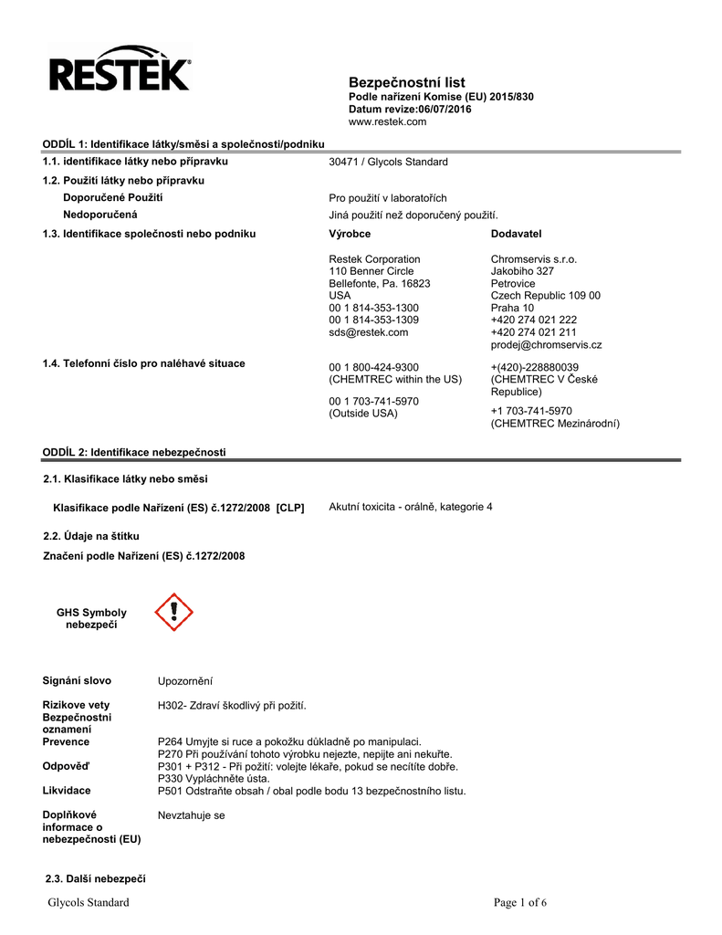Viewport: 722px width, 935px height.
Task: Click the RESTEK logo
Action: pyautogui.click(x=119, y=69)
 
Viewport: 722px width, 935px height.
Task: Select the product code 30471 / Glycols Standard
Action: pyautogui.click(x=388, y=162)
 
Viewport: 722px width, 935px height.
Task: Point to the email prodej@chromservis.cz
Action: pyautogui.click(x=546, y=345)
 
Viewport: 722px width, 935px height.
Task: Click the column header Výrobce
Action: pyautogui.click(x=350, y=235)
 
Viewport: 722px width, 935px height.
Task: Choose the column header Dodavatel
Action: pyautogui.click(x=516, y=235)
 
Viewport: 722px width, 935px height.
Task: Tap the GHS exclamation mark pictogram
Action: pyautogui.click(x=173, y=613)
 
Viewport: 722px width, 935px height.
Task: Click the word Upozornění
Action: pyautogui.click(x=185, y=681)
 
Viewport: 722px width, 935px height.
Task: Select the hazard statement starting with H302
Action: pyautogui.click(x=233, y=706)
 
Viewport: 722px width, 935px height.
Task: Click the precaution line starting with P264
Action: pyautogui.click(x=290, y=742)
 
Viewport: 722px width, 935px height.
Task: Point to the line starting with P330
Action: pyautogui.click(x=214, y=779)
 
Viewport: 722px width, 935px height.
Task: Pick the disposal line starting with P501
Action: pyautogui.click(x=312, y=792)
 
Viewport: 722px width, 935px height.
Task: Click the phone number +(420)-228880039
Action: pyautogui.click(x=534, y=367)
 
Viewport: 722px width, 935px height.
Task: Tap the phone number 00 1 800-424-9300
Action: pyautogui.click(x=373, y=367)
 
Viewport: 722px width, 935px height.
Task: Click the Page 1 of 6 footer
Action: pyautogui.click(x=520, y=903)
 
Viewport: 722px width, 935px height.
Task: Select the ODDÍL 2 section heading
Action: pyautogui.click(x=134, y=453)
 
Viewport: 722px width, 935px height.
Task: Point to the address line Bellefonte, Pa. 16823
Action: pyautogui.click(x=379, y=284)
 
